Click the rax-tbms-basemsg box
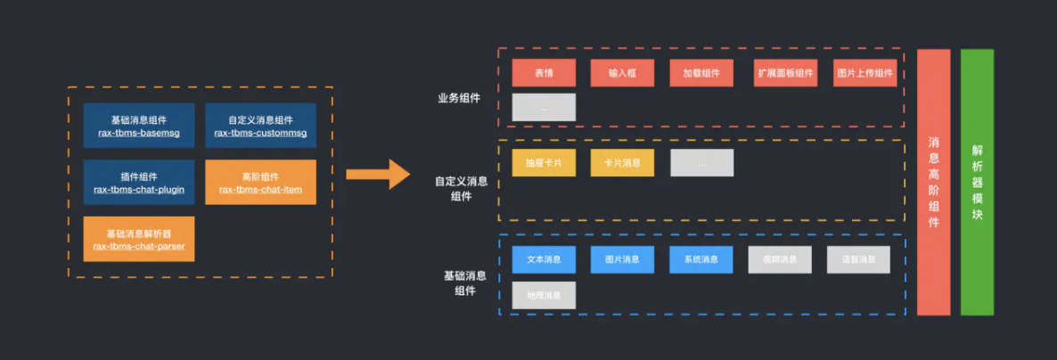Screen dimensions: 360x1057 pyautogui.click(x=139, y=126)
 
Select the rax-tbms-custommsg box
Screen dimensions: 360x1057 pyautogui.click(x=260, y=126)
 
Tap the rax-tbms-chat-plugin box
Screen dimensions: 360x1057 pyautogui.click(x=139, y=183)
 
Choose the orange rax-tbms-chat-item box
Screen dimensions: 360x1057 pyautogui.click(x=260, y=183)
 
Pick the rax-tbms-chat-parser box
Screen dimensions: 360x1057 pyautogui.click(x=139, y=239)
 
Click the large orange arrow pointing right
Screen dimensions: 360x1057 pyautogui.click(x=377, y=172)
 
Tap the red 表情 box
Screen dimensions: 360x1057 pyautogui.click(x=544, y=73)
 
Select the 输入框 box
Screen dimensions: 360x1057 pyautogui.click(x=622, y=73)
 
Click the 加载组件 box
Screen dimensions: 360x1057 pyautogui.click(x=701, y=73)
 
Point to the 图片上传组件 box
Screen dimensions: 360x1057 pyautogui.click(x=864, y=73)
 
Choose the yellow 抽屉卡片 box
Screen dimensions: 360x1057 pyautogui.click(x=544, y=163)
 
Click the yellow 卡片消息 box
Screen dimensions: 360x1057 pyautogui.click(x=622, y=163)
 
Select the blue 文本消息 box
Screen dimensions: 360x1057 pyautogui.click(x=544, y=259)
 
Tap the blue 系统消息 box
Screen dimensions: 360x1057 pyautogui.click(x=701, y=259)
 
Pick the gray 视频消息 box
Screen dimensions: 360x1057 pyautogui.click(x=780, y=259)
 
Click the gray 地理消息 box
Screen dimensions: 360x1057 pyautogui.click(x=544, y=295)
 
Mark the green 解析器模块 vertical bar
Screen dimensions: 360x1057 pyautogui.click(x=977, y=182)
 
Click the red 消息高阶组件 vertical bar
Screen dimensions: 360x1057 pyautogui.click(x=933, y=182)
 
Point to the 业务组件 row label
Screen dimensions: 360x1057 pyautogui.click(x=459, y=98)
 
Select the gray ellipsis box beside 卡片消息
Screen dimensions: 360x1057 pyautogui.click(x=701, y=163)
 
